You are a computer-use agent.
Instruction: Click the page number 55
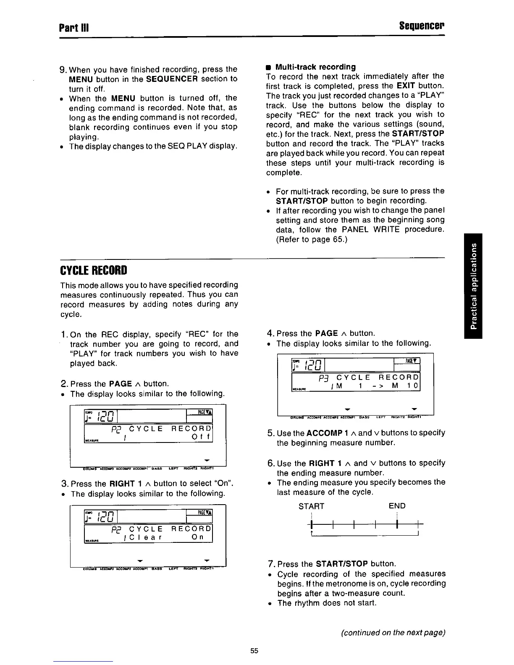[254, 651]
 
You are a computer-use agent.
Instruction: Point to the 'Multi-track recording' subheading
[315, 67]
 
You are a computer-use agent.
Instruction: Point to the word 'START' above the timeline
[311, 506]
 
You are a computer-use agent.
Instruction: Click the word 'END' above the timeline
[397, 506]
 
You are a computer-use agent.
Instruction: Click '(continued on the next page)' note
[393, 633]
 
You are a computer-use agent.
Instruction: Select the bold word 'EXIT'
[406, 86]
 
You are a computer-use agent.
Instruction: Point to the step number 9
[63, 69]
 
